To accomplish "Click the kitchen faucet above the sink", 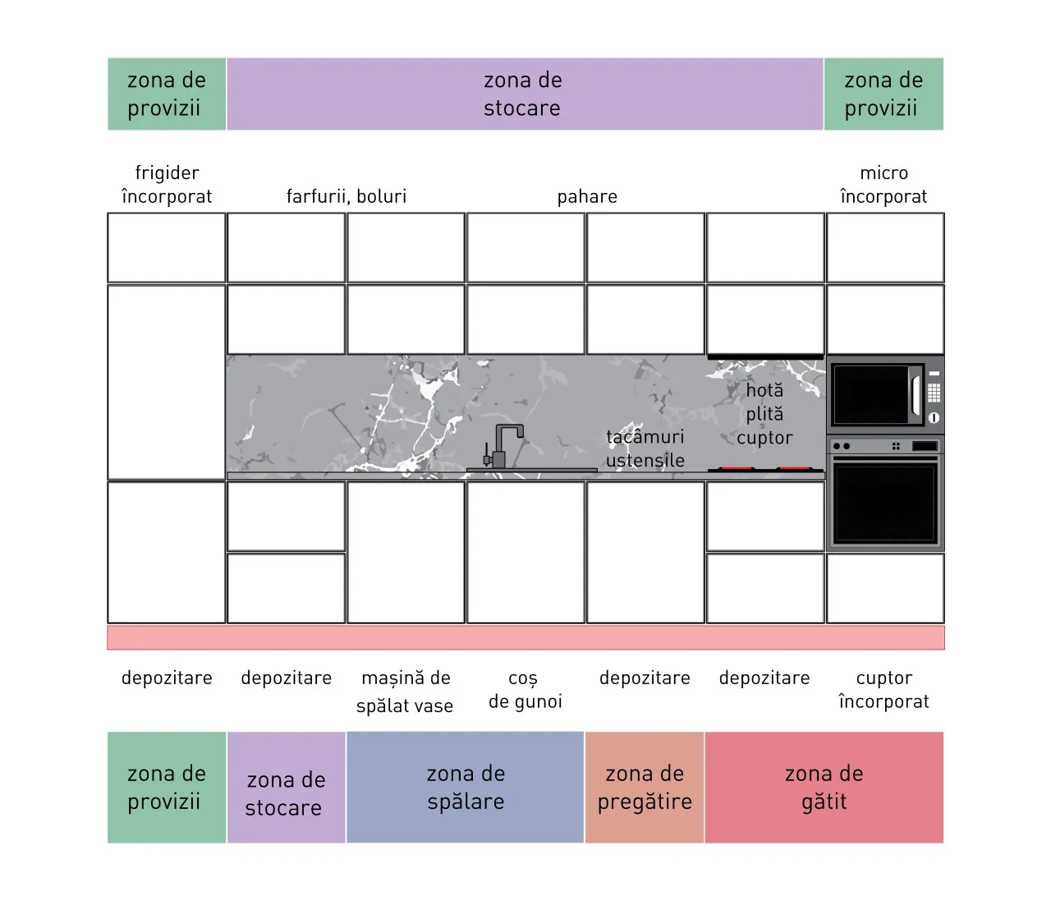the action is click(x=503, y=447).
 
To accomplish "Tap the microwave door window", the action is click(x=871, y=394).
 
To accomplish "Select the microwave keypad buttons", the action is click(x=934, y=393).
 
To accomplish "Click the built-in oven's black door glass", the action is click(x=885, y=503).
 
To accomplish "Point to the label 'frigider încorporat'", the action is click(x=167, y=184).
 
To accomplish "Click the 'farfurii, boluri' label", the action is click(x=347, y=196).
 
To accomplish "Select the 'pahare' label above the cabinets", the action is click(x=587, y=197).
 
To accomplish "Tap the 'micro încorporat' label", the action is click(x=883, y=184).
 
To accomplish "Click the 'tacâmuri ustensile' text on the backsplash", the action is click(x=645, y=448).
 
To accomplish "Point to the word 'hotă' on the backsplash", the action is click(x=764, y=390).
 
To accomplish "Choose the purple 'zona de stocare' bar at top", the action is click(x=525, y=94).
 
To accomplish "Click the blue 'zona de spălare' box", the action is click(x=466, y=787).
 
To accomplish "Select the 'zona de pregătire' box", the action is click(x=645, y=787).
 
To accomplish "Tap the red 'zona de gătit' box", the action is click(x=824, y=787).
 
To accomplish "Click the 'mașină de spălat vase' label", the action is click(x=406, y=692).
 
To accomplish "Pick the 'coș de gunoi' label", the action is click(x=525, y=690).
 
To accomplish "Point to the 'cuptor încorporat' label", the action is click(x=883, y=689).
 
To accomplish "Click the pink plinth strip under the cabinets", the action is click(x=525, y=637).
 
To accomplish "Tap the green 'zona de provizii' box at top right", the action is click(x=883, y=94).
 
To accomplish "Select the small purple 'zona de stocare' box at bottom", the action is click(x=287, y=787).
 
